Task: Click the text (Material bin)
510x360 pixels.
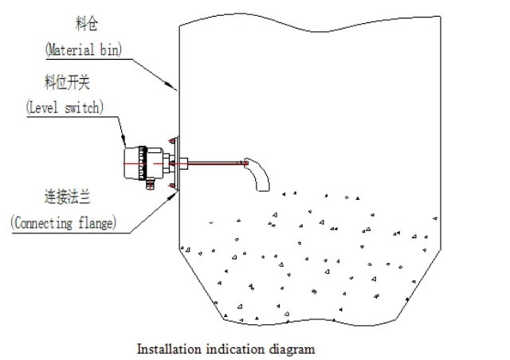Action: (83, 49)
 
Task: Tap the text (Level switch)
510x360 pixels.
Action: (66, 105)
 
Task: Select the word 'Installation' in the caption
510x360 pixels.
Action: (166, 349)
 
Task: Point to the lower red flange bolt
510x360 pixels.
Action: (171, 186)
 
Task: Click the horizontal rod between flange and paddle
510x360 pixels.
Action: (215, 164)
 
